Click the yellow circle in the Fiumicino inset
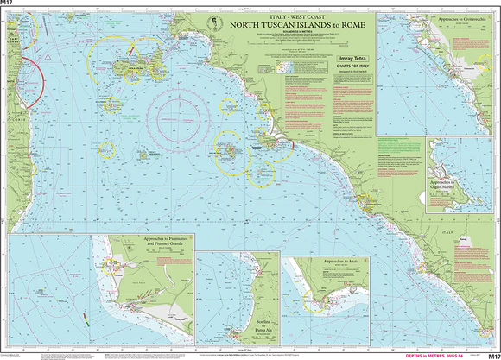point(109,264)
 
